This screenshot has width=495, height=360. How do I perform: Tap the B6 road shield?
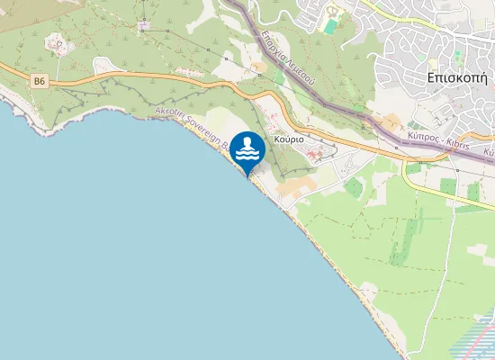pos(39,82)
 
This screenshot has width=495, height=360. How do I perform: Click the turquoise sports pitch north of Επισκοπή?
pos(331,27)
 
